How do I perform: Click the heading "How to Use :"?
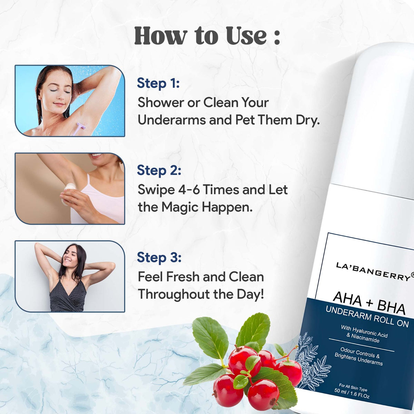click(x=207, y=36)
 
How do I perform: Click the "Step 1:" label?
click(x=158, y=83)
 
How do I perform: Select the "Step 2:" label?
click(x=159, y=170)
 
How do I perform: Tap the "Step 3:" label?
click(x=159, y=257)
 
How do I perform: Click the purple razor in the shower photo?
click(x=77, y=128)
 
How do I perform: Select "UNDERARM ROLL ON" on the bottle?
click(x=367, y=317)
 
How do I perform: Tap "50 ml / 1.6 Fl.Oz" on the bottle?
click(x=352, y=393)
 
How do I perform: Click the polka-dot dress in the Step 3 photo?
click(x=67, y=296)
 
